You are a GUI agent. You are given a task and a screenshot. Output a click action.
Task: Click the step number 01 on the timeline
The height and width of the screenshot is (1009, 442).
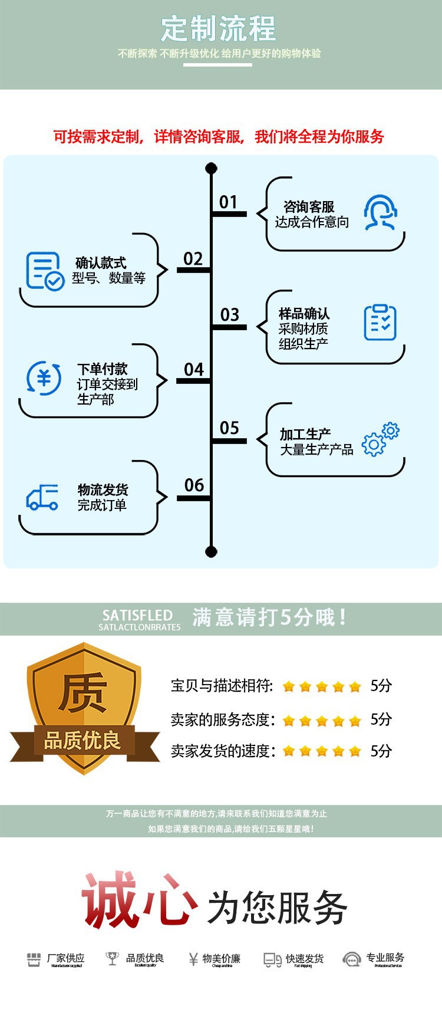pos(228,202)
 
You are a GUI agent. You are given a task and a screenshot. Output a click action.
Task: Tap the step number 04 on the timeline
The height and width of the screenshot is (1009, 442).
pos(194,370)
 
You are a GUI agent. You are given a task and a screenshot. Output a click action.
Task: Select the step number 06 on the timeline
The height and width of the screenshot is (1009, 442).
pos(194,485)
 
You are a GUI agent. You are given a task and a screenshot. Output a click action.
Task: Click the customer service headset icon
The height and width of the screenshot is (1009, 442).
pos(380,212)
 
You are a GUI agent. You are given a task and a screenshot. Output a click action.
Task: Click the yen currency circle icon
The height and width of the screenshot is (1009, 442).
pos(44,377)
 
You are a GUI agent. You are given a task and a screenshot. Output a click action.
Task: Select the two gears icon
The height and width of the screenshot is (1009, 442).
pos(380,439)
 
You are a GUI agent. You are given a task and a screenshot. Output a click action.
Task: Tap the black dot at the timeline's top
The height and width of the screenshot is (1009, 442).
pos(211,169)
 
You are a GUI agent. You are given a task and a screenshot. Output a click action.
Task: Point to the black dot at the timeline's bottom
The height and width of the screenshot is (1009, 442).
pos(211,551)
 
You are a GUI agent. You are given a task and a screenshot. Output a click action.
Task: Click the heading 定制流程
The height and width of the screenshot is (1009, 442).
pos(219,28)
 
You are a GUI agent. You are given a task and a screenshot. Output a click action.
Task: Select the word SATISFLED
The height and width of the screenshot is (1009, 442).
pos(137,615)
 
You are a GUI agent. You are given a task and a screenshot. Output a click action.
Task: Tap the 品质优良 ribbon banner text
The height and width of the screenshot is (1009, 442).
pos(83,741)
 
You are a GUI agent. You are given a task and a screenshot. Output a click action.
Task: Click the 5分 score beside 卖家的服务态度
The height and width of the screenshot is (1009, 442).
pos(381,719)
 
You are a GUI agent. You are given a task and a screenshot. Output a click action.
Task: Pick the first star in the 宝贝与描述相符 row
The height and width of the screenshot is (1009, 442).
pos(289,686)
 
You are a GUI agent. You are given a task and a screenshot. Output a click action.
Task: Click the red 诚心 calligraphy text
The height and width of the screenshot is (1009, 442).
pos(139,900)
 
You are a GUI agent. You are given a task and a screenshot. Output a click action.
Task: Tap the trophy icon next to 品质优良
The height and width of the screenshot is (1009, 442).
pos(111,959)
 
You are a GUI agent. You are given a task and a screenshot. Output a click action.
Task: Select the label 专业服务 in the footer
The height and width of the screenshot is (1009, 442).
pos(385,957)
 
